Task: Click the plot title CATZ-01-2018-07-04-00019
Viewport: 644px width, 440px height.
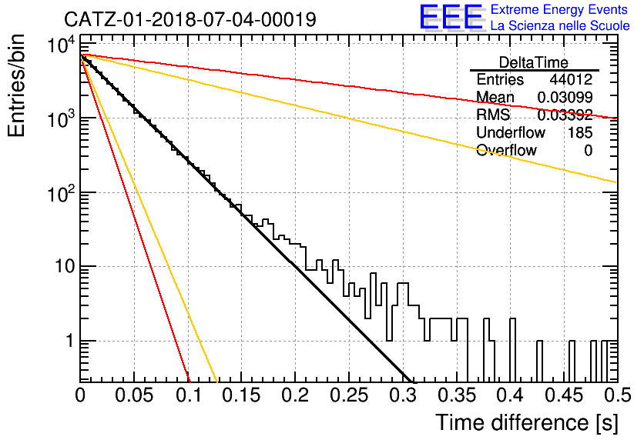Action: coord(190,19)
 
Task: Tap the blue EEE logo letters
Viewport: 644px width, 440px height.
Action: coord(451,17)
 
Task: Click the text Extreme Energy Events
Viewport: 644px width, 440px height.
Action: coord(559,9)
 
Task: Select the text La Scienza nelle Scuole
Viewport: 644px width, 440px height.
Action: coord(560,26)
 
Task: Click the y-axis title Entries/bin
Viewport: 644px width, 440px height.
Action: coord(16,85)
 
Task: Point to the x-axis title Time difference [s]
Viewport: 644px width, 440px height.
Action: coord(527,422)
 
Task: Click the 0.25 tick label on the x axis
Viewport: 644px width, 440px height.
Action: coord(349,395)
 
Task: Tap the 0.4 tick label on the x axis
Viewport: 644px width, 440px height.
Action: coord(510,395)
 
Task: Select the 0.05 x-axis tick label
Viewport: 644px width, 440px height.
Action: coord(134,395)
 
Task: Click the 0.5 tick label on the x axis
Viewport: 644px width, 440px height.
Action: coord(617,395)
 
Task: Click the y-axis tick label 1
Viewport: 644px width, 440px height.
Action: coord(70,341)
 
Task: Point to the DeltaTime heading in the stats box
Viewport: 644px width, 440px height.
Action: coord(534,62)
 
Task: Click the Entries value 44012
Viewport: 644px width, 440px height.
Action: coord(571,79)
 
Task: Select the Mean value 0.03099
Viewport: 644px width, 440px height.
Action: coord(565,97)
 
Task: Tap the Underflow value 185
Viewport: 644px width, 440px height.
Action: coord(580,132)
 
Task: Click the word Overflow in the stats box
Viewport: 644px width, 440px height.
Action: coord(506,150)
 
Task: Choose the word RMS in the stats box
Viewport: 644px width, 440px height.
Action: coord(493,115)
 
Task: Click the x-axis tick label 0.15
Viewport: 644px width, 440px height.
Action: coord(242,395)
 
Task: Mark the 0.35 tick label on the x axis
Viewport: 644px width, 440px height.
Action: coord(456,395)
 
